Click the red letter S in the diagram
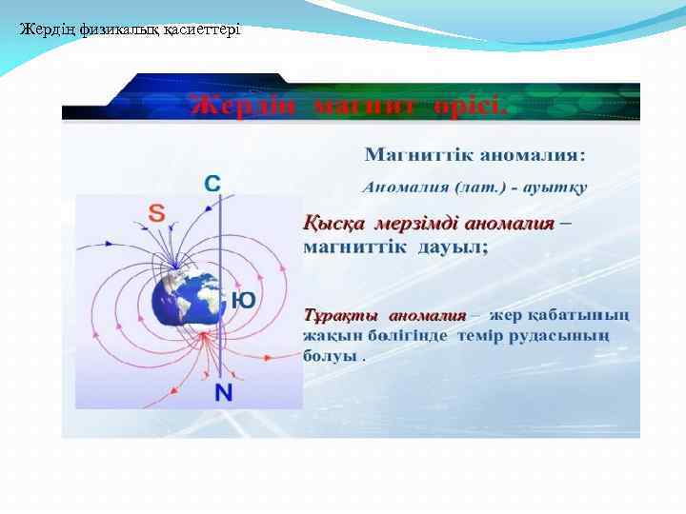156,212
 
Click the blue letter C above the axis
213,183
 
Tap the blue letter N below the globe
223,392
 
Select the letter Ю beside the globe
243,300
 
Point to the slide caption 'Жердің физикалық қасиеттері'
130,30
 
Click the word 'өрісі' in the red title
463,104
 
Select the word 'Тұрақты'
340,315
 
